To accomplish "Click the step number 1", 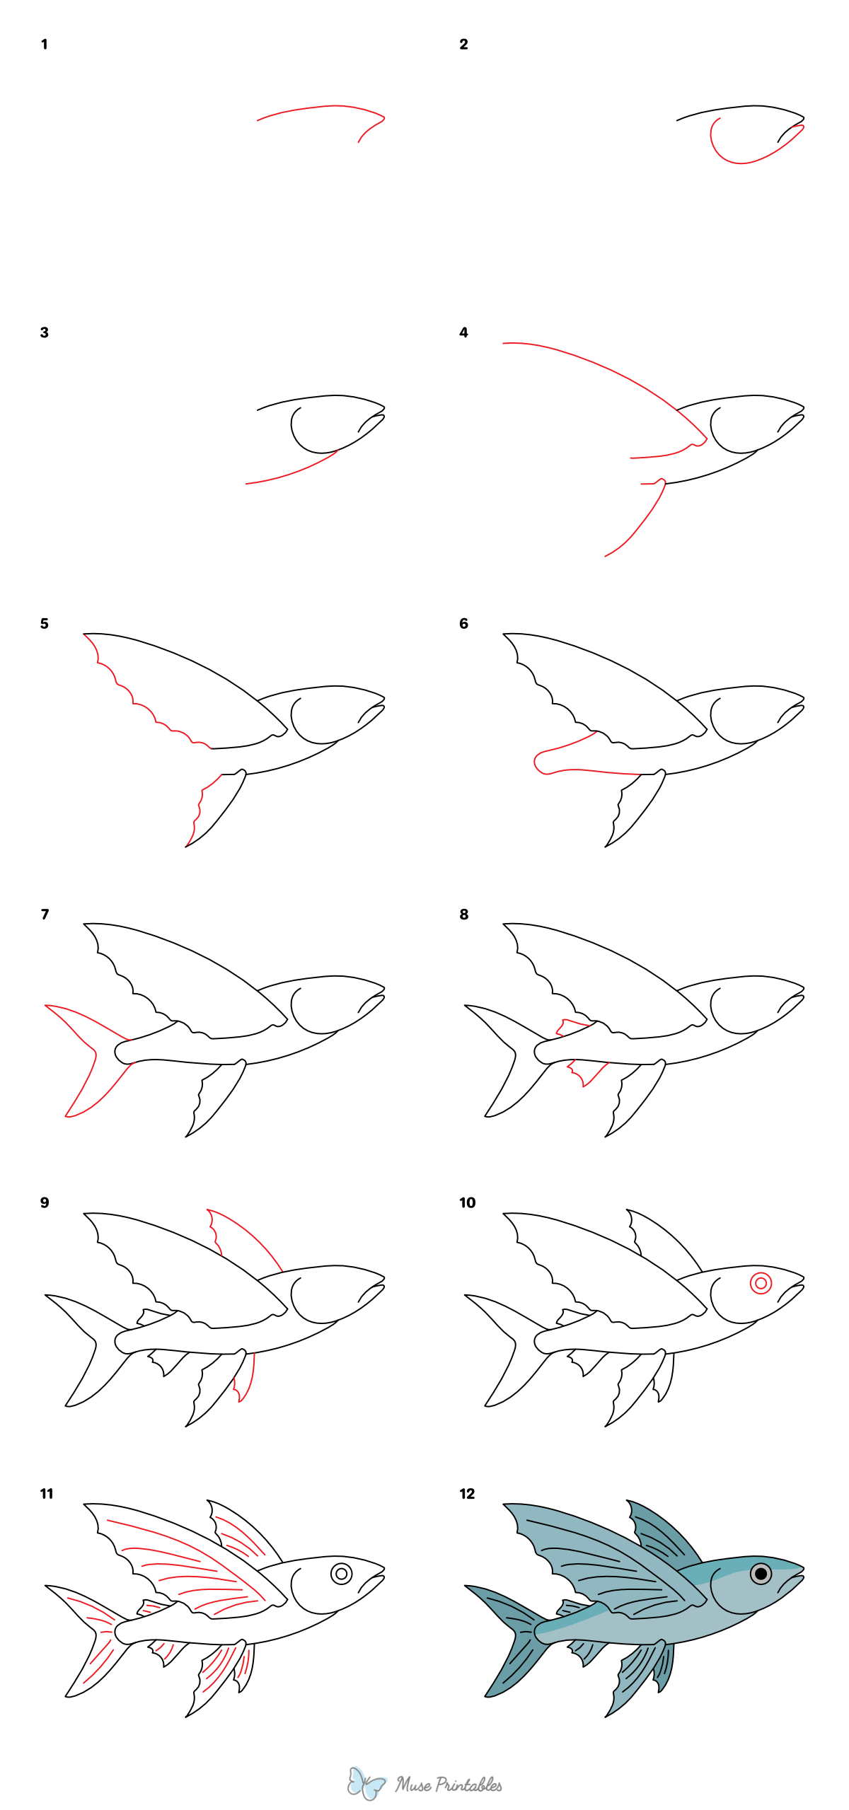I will pyautogui.click(x=44, y=45).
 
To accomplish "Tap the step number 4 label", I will pyautogui.click(x=463, y=332).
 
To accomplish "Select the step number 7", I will pyautogui.click(x=45, y=915).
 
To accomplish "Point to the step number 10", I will pyautogui.click(x=467, y=1203).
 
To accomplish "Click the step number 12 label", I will pyautogui.click(x=467, y=1494).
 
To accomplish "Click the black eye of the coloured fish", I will pyautogui.click(x=761, y=1574).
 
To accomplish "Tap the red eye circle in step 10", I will pyautogui.click(x=761, y=1283).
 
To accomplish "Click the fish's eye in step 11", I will pyautogui.click(x=342, y=1574).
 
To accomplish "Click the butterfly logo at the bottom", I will pyautogui.click(x=366, y=1783).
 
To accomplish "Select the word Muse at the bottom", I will pyautogui.click(x=413, y=1785).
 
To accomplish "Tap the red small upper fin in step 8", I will pyautogui.click(x=572, y=1027).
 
